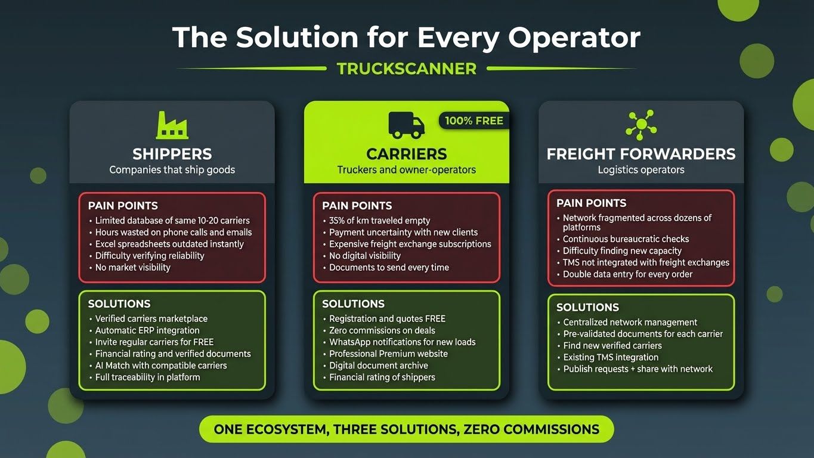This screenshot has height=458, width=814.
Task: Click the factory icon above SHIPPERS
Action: tap(172, 125)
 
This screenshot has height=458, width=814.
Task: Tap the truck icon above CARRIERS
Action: tap(407, 124)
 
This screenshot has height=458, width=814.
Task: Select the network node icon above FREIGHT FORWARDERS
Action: tap(641, 124)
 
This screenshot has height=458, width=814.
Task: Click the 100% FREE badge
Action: tap(474, 121)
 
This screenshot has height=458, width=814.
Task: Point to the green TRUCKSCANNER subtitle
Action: tap(407, 69)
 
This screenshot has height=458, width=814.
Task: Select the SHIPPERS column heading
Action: tap(172, 154)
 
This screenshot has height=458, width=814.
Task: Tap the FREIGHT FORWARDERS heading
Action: tap(641, 154)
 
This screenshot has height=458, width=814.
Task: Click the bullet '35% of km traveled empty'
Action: tap(379, 221)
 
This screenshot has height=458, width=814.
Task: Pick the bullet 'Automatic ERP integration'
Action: tap(147, 330)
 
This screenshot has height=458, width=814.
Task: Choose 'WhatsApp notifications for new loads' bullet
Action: tap(403, 342)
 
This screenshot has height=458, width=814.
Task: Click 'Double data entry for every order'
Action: tap(627, 274)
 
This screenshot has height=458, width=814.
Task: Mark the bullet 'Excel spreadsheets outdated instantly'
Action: tap(169, 244)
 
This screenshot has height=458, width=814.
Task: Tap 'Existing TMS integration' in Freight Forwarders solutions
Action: tap(611, 357)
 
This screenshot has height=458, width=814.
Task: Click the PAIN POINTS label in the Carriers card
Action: tap(357, 206)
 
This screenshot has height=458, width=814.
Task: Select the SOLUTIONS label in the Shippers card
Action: tap(119, 304)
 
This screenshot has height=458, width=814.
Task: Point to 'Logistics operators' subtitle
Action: tap(641, 170)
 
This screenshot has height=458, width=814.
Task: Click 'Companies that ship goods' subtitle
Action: tap(172, 170)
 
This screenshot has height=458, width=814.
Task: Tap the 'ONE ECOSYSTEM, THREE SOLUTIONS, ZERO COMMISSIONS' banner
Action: tap(406, 429)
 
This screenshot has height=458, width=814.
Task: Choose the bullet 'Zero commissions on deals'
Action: tap(382, 330)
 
